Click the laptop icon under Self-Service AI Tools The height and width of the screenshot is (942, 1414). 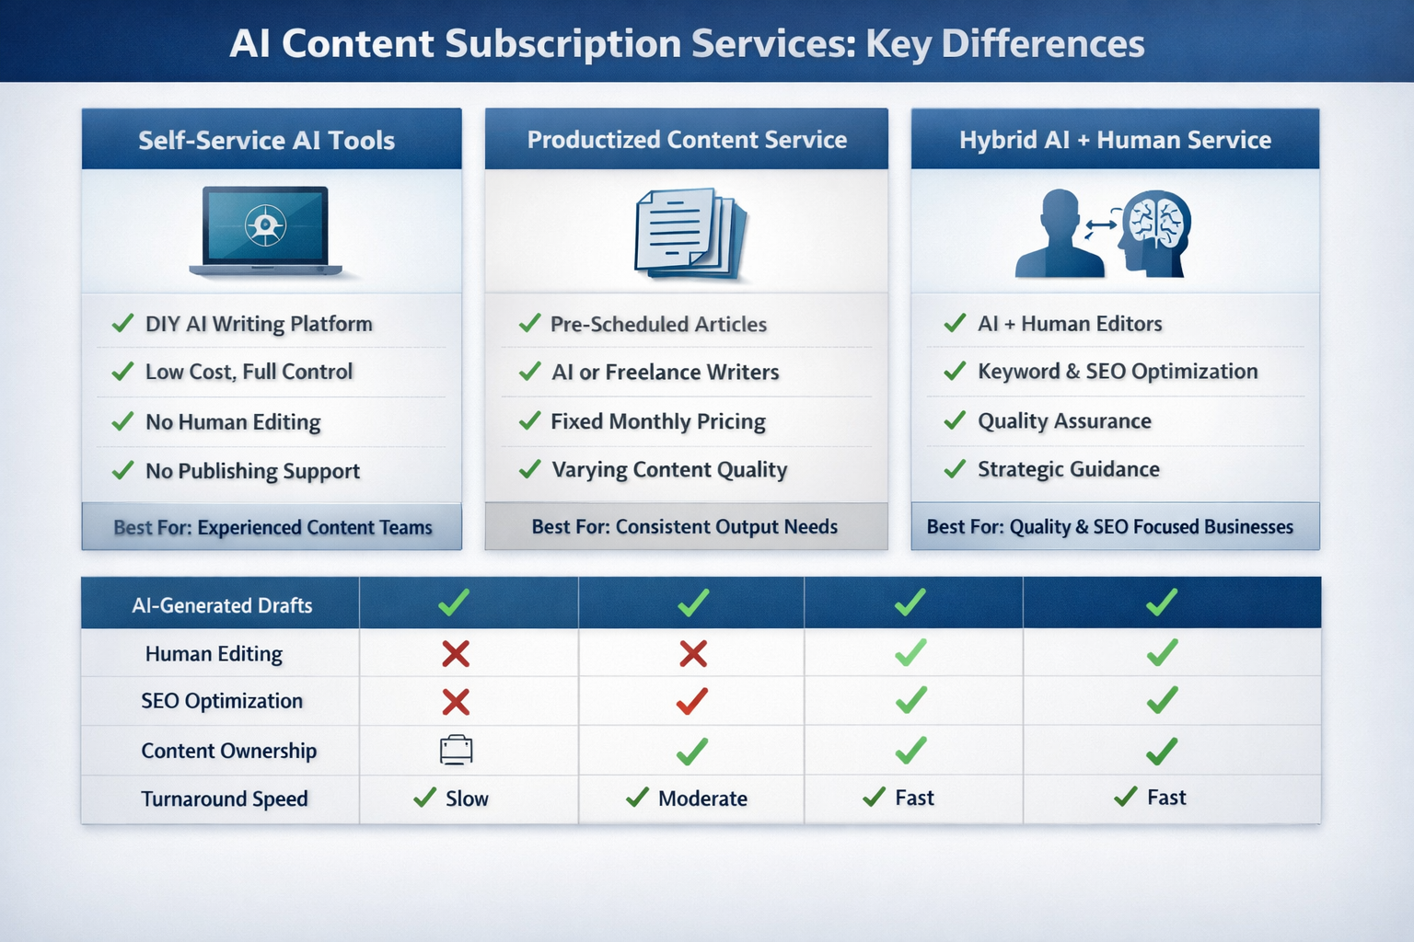265,231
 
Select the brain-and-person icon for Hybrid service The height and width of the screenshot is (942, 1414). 1103,233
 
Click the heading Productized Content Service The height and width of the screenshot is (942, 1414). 687,140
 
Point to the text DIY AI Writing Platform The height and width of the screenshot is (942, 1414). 259,324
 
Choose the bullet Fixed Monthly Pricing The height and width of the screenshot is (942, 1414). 657,421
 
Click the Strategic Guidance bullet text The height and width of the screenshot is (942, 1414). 1068,469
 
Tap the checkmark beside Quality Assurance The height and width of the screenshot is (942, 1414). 955,420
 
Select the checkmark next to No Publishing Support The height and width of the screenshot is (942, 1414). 122,470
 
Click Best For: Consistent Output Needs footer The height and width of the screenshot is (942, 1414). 685,527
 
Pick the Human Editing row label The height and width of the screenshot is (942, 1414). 214,654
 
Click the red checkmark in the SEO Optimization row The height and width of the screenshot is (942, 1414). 692,701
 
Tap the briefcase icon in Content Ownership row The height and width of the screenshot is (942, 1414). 456,750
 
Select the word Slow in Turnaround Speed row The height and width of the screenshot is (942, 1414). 467,798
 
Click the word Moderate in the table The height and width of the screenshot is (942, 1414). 702,798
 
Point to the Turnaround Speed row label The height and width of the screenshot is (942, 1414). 224,798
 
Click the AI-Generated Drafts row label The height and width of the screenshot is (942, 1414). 222,605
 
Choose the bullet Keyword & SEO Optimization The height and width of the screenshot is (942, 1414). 1117,372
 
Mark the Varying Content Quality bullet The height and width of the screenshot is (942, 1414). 669,470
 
